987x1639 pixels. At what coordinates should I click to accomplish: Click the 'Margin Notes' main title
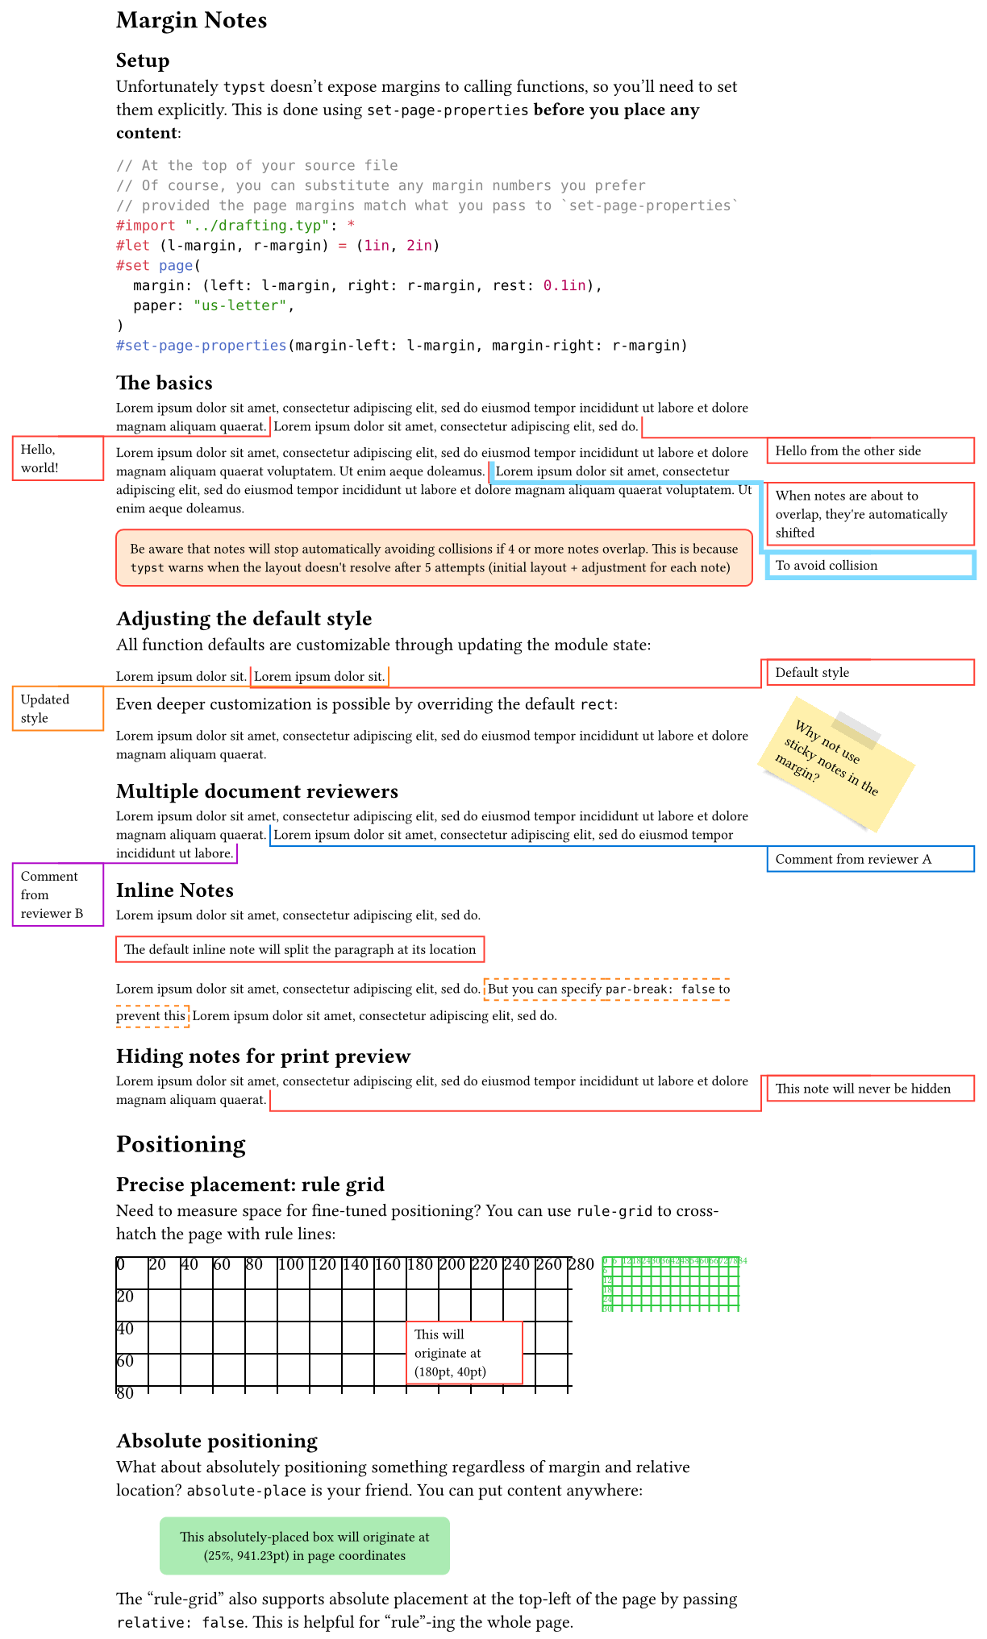tap(191, 20)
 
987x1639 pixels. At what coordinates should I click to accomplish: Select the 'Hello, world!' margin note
tap(57, 459)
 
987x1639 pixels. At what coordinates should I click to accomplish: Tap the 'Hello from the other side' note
tap(869, 450)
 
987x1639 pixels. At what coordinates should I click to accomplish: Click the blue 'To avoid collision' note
tap(869, 565)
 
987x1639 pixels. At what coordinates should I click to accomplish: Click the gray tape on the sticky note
tap(856, 729)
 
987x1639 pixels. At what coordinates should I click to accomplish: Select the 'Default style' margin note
tap(869, 672)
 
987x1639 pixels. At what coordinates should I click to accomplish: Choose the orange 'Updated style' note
tap(57, 708)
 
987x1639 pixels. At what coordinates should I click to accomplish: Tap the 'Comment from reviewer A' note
tap(869, 859)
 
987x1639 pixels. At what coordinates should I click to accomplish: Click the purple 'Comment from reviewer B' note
tap(57, 894)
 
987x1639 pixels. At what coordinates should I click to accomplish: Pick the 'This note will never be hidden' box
tap(869, 1089)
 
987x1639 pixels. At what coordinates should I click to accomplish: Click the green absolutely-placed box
tap(304, 1546)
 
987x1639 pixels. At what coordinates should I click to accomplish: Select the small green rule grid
tap(671, 1284)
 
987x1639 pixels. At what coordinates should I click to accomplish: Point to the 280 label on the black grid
tap(581, 1264)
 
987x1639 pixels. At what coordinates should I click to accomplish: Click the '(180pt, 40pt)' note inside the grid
tap(464, 1353)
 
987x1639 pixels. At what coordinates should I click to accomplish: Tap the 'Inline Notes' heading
tap(174, 890)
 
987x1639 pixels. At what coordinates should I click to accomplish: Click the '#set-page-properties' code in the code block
tap(202, 346)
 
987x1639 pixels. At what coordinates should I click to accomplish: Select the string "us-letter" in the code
tap(239, 305)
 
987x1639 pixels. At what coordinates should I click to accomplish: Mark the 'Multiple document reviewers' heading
tap(256, 790)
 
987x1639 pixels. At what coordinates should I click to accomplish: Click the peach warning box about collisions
tap(434, 558)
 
